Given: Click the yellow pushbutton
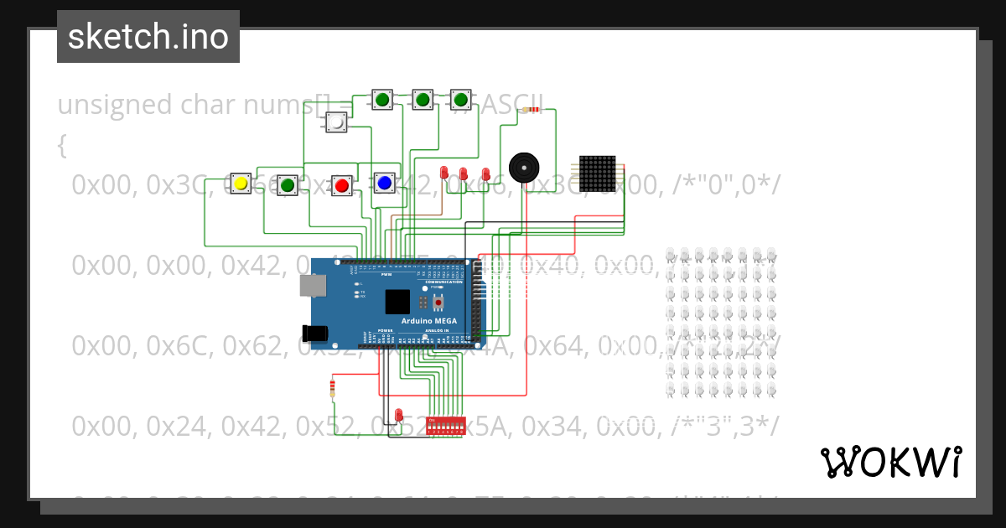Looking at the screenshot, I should coord(241,184).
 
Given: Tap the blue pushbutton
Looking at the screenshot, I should coord(385,182).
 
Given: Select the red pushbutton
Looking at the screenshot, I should coord(341,185).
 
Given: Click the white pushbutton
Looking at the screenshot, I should coord(336,122).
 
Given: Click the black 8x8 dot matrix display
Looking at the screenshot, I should coord(598,173).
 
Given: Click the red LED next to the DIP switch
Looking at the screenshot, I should coord(399,415).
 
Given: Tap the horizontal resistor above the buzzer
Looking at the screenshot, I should coord(530,110).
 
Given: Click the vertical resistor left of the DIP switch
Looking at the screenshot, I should coord(333,387).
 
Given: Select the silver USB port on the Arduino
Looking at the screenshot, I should coord(314,286).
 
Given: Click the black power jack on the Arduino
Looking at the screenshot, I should coord(314,333).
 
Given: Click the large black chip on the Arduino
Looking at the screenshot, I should coord(397,301).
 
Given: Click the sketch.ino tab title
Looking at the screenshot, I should coord(148,37).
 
